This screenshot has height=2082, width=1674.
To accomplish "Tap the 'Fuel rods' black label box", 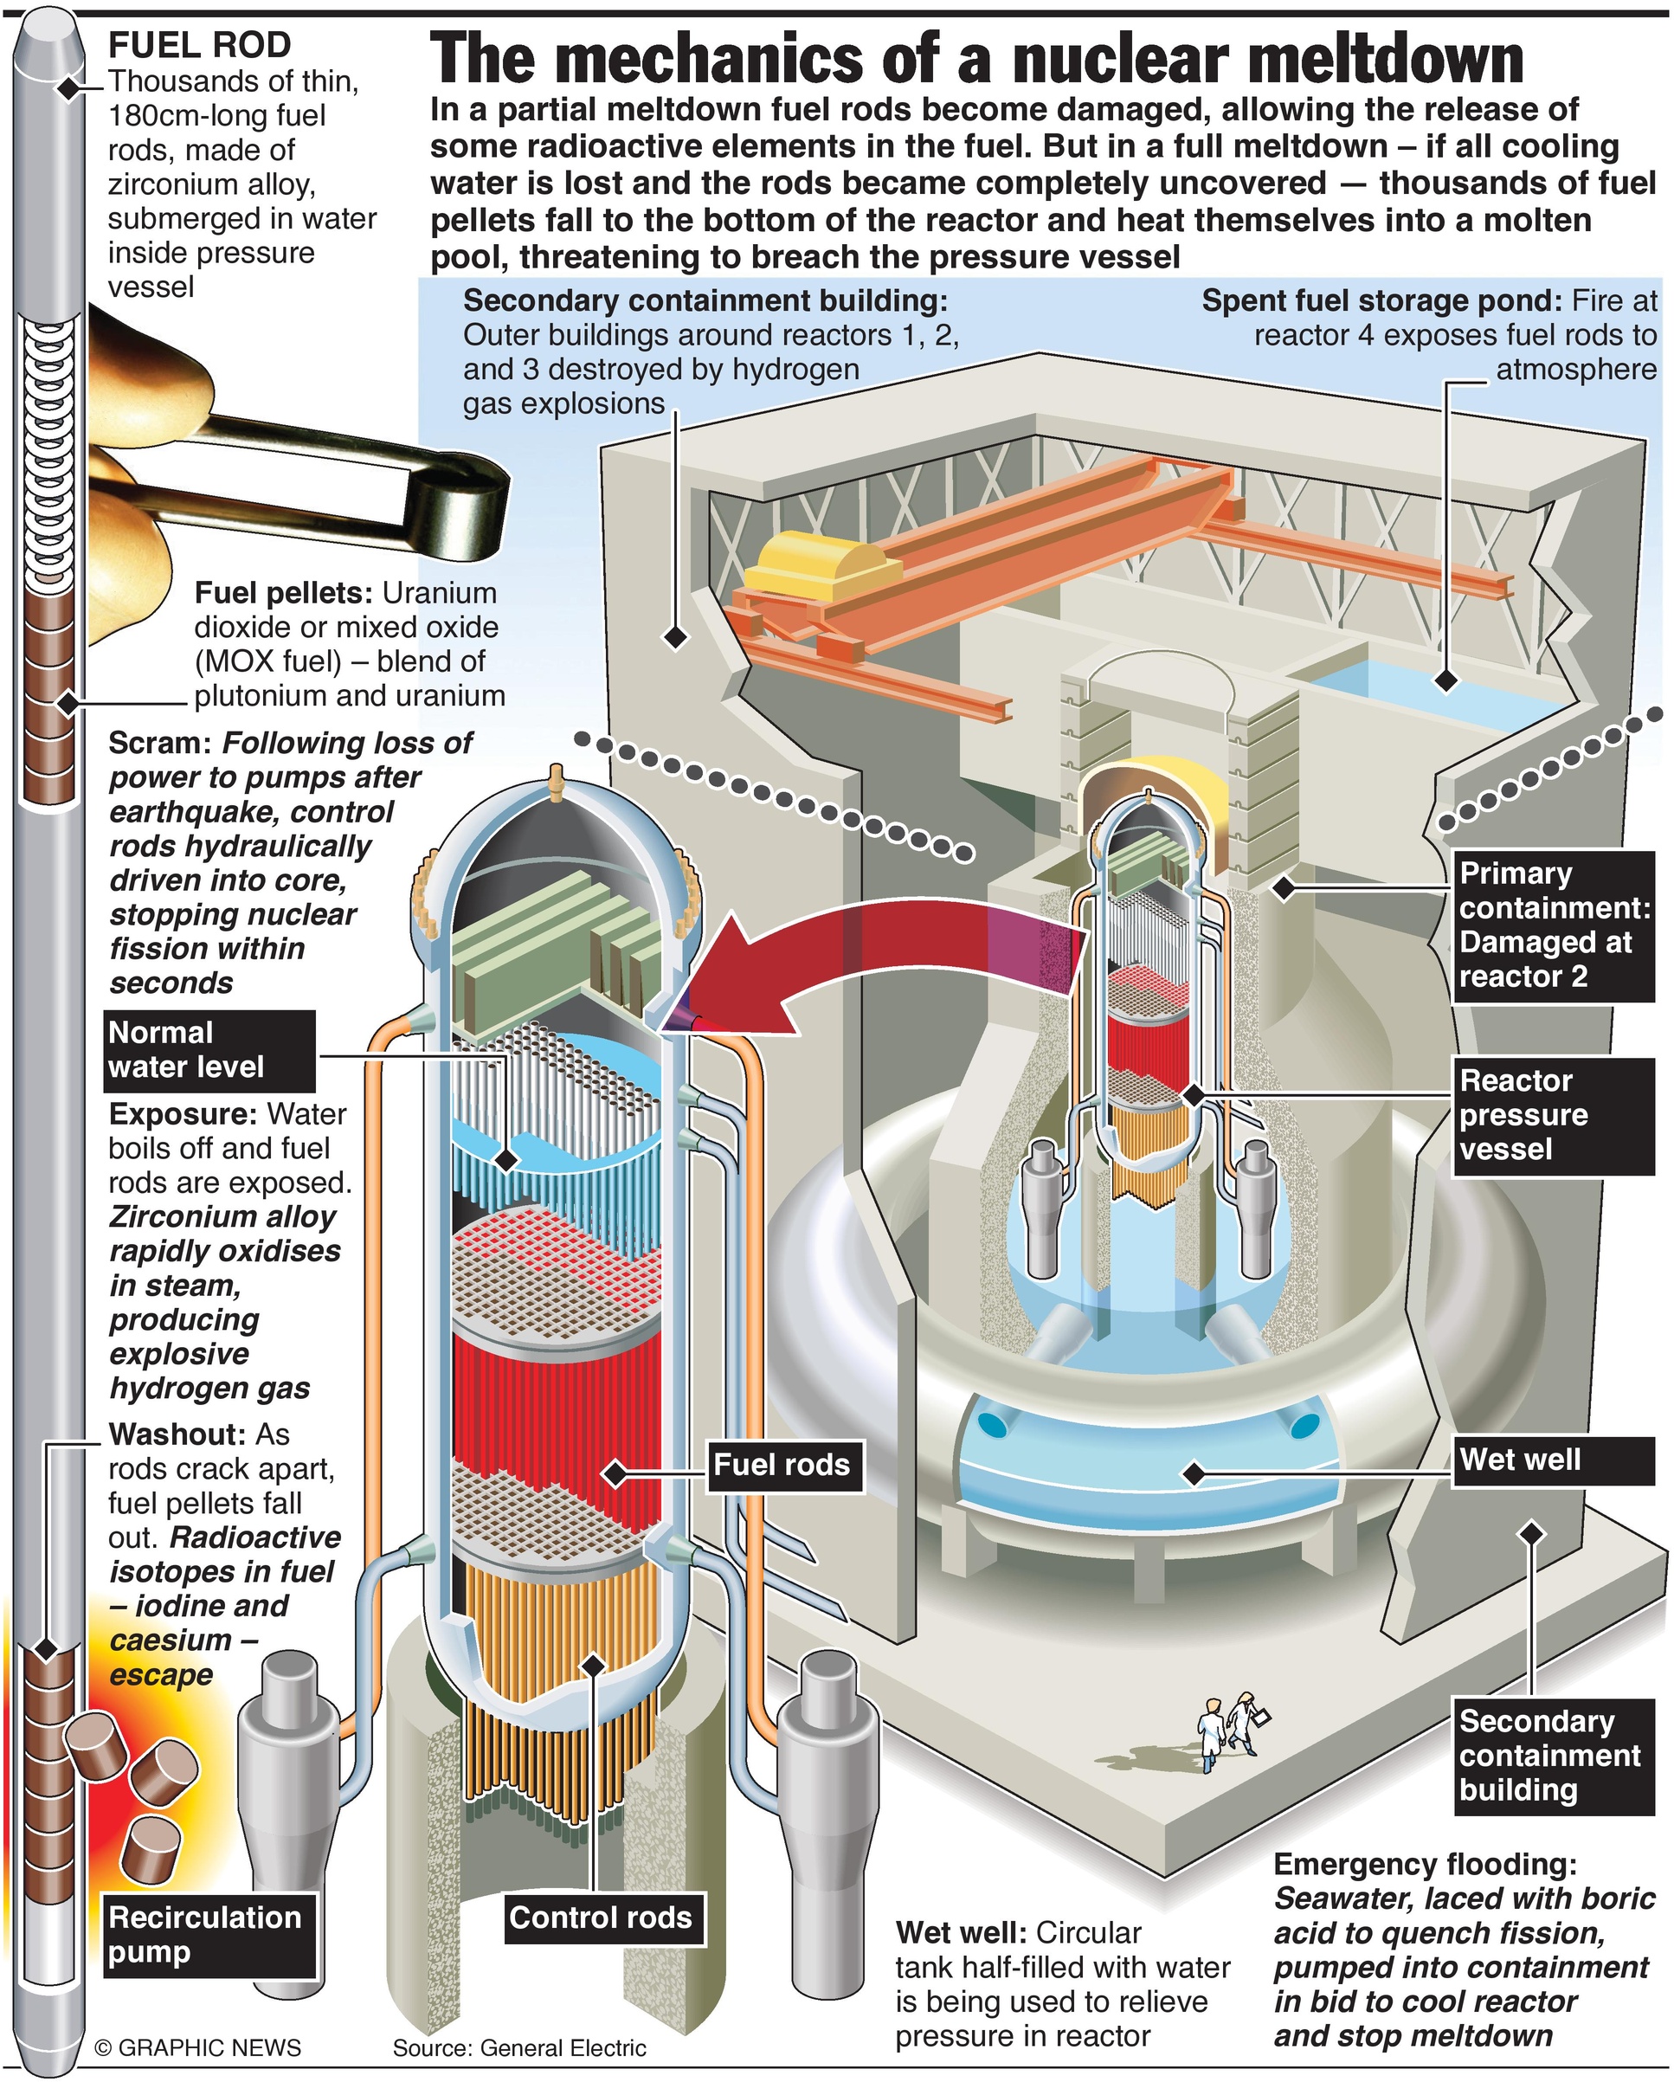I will [781, 1464].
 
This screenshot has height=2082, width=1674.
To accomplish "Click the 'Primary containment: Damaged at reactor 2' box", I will [1552, 925].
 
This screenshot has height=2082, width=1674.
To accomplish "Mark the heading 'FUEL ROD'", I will [199, 44].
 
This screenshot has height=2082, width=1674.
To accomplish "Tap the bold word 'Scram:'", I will [160, 743].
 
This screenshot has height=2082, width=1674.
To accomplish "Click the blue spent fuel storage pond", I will [1439, 692].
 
